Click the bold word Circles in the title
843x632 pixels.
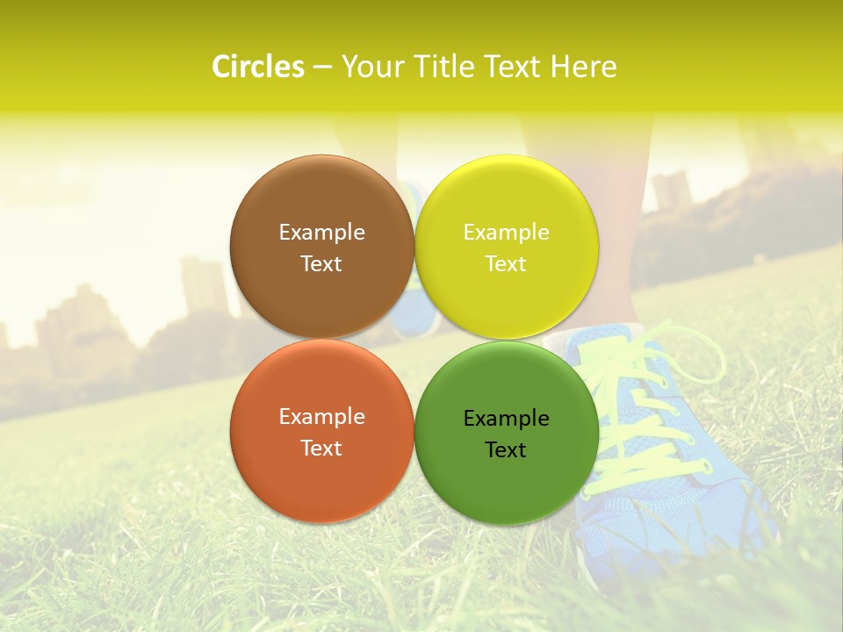tap(258, 67)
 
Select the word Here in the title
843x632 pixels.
tap(583, 67)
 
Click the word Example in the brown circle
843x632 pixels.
tap(321, 233)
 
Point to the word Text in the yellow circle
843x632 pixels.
tap(506, 264)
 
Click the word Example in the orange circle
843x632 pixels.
tap(321, 417)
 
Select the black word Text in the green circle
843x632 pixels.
tap(506, 450)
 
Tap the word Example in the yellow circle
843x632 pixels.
tap(506, 233)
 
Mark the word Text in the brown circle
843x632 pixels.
tap(321, 264)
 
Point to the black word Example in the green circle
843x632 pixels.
tap(506, 419)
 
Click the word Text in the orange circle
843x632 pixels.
tap(321, 449)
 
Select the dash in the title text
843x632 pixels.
tap(322, 68)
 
